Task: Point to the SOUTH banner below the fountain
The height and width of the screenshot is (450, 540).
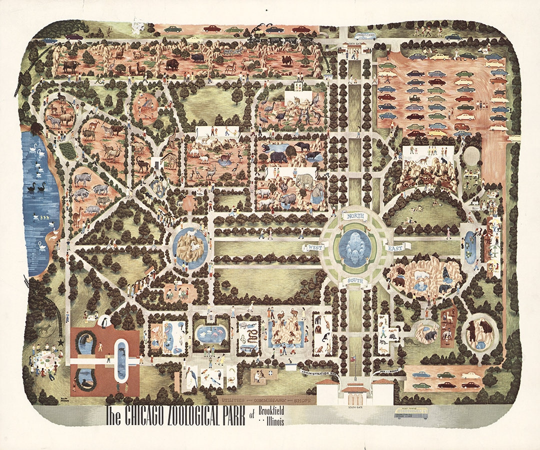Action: pos(354,280)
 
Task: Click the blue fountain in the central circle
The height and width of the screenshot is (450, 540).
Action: pos(355,246)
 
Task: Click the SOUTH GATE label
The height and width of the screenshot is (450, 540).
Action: pos(355,407)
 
